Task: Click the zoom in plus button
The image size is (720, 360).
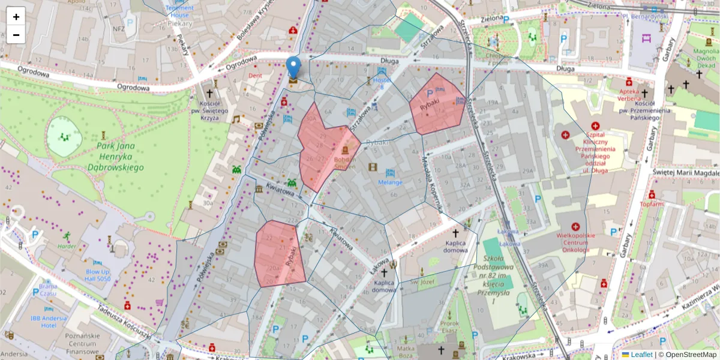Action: point(16,17)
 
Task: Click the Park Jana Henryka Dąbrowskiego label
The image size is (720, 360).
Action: point(115,157)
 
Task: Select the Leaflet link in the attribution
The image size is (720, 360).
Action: point(641,355)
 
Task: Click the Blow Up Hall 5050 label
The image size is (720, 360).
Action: point(97,275)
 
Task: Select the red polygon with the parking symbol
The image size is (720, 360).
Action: point(436,103)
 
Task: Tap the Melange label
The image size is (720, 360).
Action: point(390,182)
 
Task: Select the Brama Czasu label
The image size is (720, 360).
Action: point(48,290)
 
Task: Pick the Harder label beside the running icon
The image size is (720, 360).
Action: point(67,245)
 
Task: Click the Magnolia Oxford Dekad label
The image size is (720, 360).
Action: point(706,59)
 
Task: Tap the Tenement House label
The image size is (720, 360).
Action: point(179,11)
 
